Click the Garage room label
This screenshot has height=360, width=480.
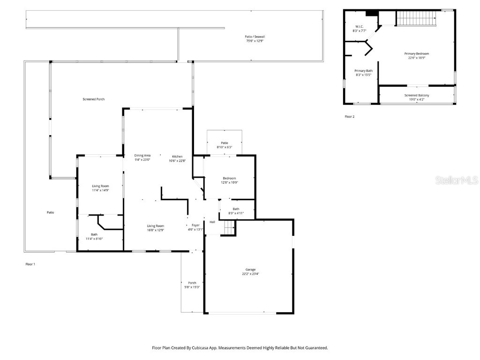pos(250,270)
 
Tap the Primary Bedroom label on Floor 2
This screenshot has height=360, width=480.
pos(416,53)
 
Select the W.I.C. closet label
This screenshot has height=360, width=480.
pos(360,26)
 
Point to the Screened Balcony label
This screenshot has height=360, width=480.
pos(416,95)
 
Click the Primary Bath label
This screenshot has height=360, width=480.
pos(363,71)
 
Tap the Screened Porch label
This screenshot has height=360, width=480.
pos(93,99)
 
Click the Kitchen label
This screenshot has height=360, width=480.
pos(177,156)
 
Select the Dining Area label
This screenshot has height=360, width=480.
pos(142,156)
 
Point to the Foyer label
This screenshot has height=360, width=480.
pos(195,225)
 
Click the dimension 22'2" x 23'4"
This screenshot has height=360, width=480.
pos(250,274)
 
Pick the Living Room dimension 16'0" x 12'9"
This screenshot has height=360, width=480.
pos(155,230)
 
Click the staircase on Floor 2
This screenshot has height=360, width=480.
pos(417,18)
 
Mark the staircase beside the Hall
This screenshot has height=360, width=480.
pos(228,228)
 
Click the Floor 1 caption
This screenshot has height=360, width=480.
pos(30,264)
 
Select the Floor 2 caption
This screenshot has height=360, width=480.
pos(349,117)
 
